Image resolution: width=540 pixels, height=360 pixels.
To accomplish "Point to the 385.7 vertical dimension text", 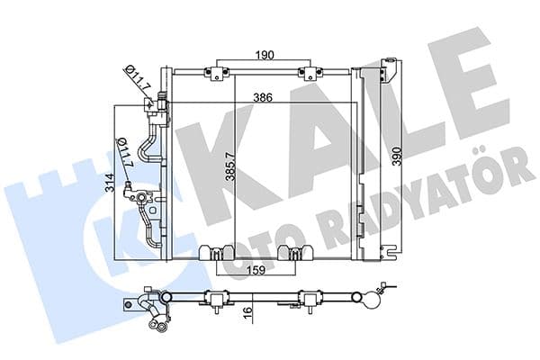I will (x=231, y=166).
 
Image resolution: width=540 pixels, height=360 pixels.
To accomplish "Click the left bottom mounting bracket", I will (x=217, y=253).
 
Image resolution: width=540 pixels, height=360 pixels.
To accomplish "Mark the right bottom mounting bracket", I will (x=292, y=253).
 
